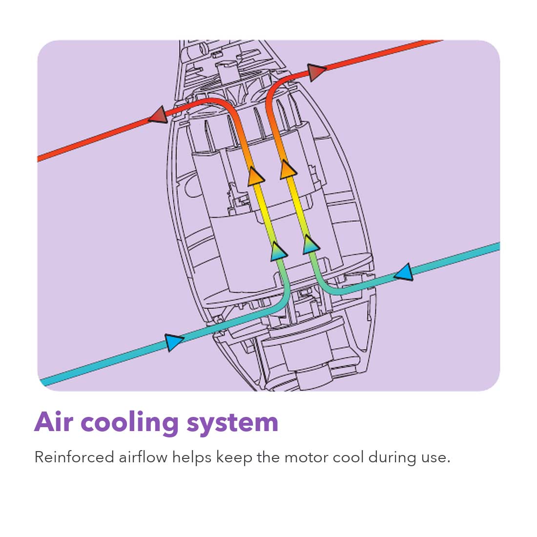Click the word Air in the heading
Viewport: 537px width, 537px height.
point(54,422)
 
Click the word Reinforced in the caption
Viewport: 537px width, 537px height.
point(74,457)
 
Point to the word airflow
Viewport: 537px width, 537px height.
point(143,457)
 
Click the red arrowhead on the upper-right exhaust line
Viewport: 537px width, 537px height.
point(316,72)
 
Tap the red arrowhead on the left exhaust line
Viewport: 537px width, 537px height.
point(158,115)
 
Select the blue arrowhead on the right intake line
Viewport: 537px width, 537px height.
point(404,272)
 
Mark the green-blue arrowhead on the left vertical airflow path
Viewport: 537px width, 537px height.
point(278,251)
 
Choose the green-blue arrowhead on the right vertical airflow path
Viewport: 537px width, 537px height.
point(310,245)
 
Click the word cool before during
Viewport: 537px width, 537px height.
point(348,457)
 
